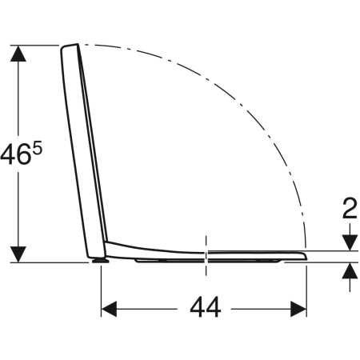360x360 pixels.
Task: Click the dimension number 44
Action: pos(206,307)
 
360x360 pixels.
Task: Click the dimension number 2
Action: pos(350,208)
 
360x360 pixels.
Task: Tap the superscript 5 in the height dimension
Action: pos(38,149)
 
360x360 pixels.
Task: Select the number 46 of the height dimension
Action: pos(14,154)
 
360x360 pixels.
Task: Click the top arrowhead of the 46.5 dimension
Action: pos(18,54)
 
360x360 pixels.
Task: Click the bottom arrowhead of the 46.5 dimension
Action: pos(18,254)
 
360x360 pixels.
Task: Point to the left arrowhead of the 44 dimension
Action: pos(109,309)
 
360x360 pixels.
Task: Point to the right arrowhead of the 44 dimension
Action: pos(298,309)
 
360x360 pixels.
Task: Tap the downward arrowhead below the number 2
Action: pos(350,243)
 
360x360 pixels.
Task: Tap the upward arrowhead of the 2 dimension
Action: pos(350,270)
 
